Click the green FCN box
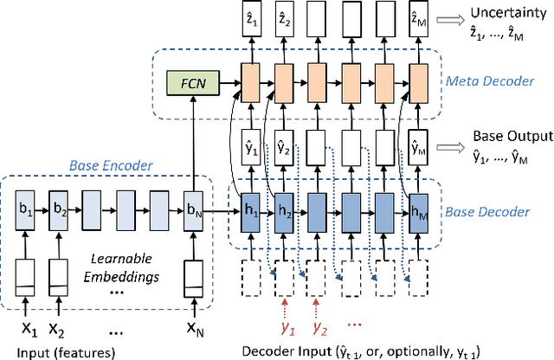(191, 85)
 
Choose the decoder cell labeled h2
(284, 211)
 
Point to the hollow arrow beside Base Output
(453, 145)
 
